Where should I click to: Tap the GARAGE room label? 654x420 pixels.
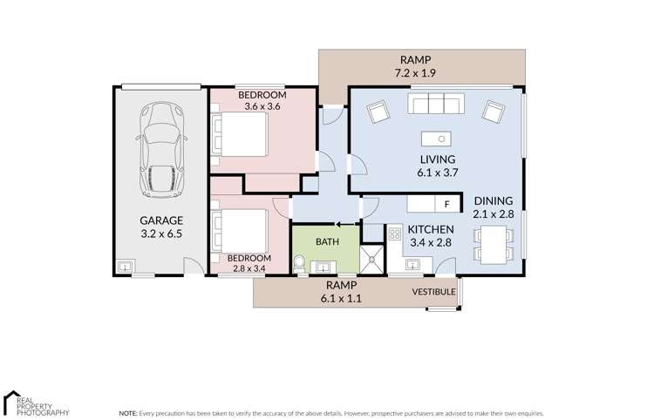162,221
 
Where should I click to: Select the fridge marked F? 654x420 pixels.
446,205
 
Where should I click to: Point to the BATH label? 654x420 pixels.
327,241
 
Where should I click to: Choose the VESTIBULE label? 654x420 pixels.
433,291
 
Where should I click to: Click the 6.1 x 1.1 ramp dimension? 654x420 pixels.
343,298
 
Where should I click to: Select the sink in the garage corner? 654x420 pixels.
126,266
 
